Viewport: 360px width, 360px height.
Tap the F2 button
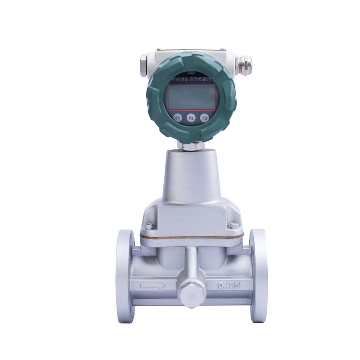191,118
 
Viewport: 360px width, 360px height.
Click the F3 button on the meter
204,118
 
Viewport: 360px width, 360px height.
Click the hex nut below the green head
190,145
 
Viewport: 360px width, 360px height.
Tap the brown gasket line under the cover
191,237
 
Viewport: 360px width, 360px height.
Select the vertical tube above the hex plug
191,263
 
